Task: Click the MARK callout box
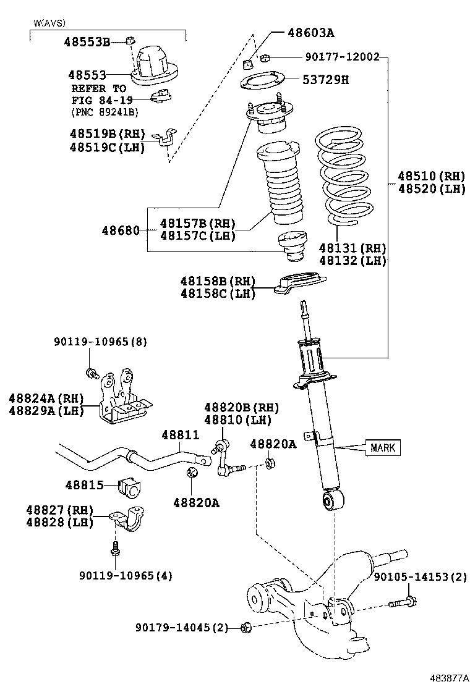[383, 447]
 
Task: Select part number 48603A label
[311, 33]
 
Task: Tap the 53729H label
[326, 80]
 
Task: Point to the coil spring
[344, 175]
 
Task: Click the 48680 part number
[121, 230]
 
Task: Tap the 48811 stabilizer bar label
[180, 435]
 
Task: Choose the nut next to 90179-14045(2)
[246, 628]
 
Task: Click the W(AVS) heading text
[49, 23]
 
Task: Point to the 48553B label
[87, 42]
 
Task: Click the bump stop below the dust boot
[291, 247]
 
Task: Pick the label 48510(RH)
[432, 176]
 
